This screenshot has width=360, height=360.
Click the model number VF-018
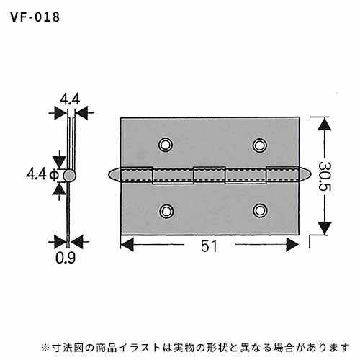(x=35, y=17)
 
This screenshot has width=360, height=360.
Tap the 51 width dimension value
(x=210, y=246)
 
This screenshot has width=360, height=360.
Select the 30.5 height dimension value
(x=325, y=176)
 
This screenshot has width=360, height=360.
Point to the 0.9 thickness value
(x=66, y=258)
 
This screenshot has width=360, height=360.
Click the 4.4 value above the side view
(x=70, y=99)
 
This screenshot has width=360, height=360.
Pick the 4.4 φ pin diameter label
(x=42, y=174)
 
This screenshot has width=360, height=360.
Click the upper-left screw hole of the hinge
(x=166, y=145)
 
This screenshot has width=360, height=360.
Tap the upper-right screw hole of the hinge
(x=259, y=145)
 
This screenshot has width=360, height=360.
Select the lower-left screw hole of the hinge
(x=166, y=211)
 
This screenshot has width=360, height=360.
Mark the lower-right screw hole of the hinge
(x=260, y=210)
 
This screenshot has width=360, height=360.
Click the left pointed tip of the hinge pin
(x=109, y=174)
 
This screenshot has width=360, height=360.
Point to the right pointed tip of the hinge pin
(x=311, y=174)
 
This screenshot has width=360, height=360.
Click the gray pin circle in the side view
(x=70, y=176)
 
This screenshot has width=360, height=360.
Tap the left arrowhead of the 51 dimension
(x=127, y=245)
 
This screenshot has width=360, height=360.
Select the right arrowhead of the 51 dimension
(x=292, y=245)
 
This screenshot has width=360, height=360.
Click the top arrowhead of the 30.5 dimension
(x=325, y=124)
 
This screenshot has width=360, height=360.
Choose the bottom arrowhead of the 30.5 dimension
(x=325, y=228)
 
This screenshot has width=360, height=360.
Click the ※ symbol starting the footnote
(x=45, y=348)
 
